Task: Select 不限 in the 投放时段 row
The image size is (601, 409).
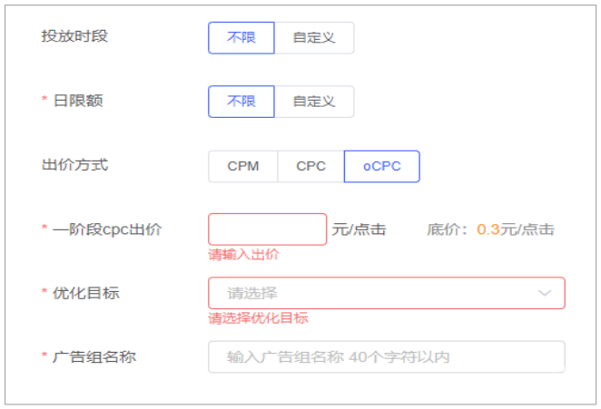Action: point(241,38)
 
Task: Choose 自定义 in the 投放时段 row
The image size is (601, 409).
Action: point(314,38)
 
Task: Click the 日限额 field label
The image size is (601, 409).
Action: point(78,101)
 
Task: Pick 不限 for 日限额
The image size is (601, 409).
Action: point(241,102)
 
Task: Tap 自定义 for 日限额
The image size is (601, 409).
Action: point(314,102)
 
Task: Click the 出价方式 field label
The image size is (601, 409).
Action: point(74,165)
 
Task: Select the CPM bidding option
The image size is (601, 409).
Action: point(242,166)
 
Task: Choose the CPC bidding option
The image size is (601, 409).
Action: point(310,166)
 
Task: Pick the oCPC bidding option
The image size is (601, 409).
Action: point(381,166)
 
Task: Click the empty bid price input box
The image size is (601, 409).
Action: point(267,229)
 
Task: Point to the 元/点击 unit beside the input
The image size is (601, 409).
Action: point(359,229)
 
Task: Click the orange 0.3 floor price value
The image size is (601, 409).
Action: point(488,229)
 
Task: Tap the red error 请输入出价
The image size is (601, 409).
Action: point(243,254)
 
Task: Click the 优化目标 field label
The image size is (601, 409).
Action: point(86,293)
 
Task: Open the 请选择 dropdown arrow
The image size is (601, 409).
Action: point(545,293)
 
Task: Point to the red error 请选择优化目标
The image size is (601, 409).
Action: point(258,317)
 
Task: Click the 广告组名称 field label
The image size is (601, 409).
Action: point(94,356)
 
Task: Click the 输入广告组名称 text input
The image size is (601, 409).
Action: point(386,356)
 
